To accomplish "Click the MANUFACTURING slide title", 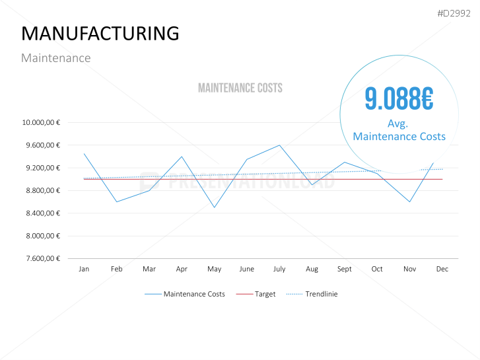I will [x=100, y=33].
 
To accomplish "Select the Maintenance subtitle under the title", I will [x=56, y=58].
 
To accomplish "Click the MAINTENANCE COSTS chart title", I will [x=240, y=88].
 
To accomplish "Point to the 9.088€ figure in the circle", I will [x=399, y=99].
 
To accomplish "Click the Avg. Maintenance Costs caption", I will [x=399, y=130].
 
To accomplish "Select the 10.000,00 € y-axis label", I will [x=41, y=122].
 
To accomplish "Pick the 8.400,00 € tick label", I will [x=42, y=213].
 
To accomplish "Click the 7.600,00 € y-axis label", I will [x=42, y=258].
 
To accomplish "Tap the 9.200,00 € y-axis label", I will [x=42, y=168].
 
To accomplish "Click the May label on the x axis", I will [x=215, y=270].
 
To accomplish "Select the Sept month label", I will [x=345, y=270].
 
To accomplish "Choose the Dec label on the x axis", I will [x=442, y=270].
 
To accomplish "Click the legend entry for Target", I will [x=265, y=294].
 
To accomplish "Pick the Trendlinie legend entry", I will [x=321, y=294].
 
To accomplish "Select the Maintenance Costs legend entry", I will [x=194, y=294].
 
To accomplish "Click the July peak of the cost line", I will [x=279, y=145].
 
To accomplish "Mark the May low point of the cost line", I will [x=215, y=207].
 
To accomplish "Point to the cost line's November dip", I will [x=410, y=201].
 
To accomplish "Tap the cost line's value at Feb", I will [x=117, y=201].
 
